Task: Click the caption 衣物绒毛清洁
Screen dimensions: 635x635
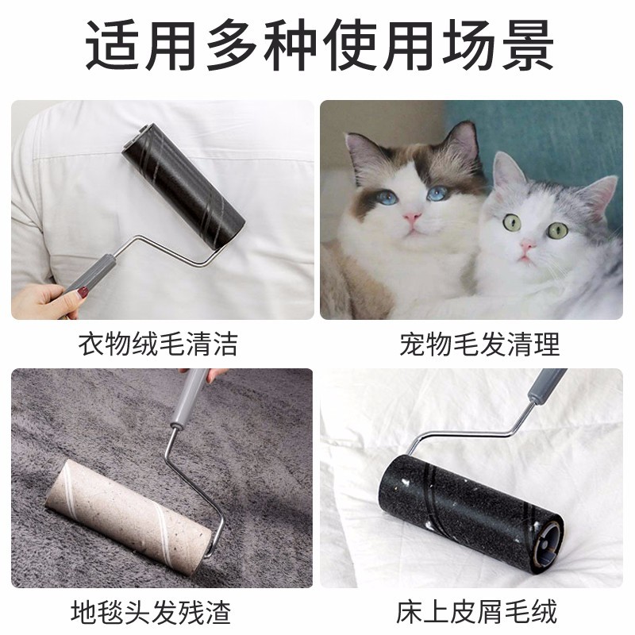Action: pos(158,344)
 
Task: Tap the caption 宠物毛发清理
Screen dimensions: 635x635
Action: pos(479,344)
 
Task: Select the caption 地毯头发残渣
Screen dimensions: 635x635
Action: pos(151,611)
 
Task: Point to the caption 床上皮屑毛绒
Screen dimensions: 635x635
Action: pos(477,611)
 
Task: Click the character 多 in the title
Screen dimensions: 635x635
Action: pos(232,45)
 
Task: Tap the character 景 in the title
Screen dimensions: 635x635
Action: pos(528,45)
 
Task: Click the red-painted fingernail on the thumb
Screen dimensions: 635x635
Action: pos(83,292)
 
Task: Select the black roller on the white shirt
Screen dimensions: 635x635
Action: pos(183,187)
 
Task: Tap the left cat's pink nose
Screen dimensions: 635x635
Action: pos(412,217)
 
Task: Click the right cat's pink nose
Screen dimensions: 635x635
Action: pos(527,244)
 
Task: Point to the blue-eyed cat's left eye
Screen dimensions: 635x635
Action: pos(388,198)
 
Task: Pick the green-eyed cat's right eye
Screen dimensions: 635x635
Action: pos(558,230)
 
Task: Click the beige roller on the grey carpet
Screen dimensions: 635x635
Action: pos(129,511)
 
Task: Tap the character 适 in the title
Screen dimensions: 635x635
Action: pos(111,45)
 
